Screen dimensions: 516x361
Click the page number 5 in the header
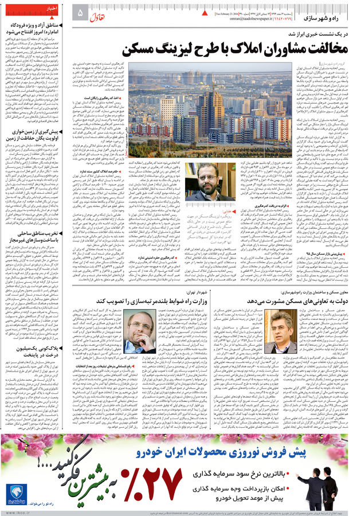(x=80, y=12)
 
